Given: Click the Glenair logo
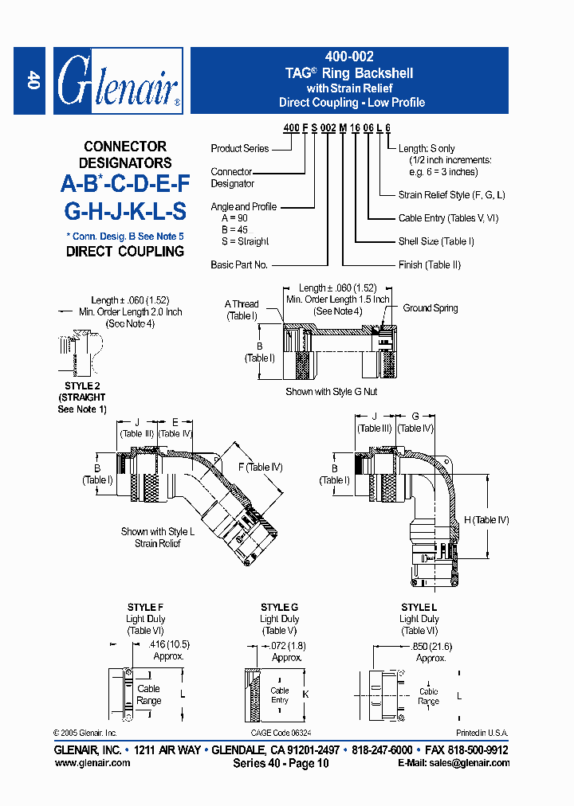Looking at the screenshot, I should coord(118,81).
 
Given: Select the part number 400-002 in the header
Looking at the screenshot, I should coord(349,57).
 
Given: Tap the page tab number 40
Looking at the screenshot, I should coord(33,80).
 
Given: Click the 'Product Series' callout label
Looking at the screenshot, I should coord(239,149).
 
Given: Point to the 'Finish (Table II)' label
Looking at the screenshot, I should coord(431,264).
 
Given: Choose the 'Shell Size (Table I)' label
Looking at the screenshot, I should coord(436,241).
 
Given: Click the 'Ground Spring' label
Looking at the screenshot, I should coord(430,308).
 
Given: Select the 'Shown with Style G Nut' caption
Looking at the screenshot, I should coord(331,392).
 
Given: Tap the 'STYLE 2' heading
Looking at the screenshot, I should coord(81,386).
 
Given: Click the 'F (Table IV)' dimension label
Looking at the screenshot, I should coord(260,468).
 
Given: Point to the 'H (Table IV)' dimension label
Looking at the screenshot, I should coord(486,520).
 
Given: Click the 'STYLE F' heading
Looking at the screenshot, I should coord(146,608).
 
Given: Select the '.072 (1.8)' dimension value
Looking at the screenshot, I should coord(288,646).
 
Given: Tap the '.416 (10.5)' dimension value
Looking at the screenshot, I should coord(168,644).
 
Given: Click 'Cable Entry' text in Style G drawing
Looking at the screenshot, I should coord(280,695).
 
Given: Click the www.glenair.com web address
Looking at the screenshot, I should coord(92,763).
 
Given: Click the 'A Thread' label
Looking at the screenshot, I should coord(242,304).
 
